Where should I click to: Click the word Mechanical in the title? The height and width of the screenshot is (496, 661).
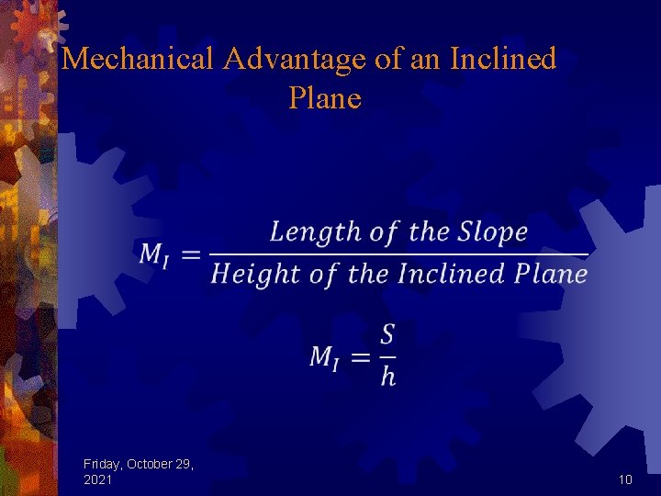coord(139,60)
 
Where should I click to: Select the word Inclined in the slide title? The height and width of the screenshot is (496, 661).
coord(503,60)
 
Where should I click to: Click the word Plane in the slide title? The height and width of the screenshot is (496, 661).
coord(325,97)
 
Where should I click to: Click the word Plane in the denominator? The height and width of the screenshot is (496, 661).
coord(551,274)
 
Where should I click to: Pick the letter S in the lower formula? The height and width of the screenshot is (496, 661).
coord(387,334)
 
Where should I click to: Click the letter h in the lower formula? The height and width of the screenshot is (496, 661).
coord(388,376)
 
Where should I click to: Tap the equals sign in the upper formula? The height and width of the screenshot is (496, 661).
coord(191,254)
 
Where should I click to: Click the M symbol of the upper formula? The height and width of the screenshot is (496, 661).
coord(153,254)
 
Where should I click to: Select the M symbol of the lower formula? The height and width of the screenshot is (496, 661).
coord(323,355)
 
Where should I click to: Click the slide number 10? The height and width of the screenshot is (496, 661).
coord(625,479)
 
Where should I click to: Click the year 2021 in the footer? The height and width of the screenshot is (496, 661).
coord(98,479)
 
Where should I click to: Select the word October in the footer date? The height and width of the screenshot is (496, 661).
coord(151,464)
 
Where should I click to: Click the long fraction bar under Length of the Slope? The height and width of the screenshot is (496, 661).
coord(398,253)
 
